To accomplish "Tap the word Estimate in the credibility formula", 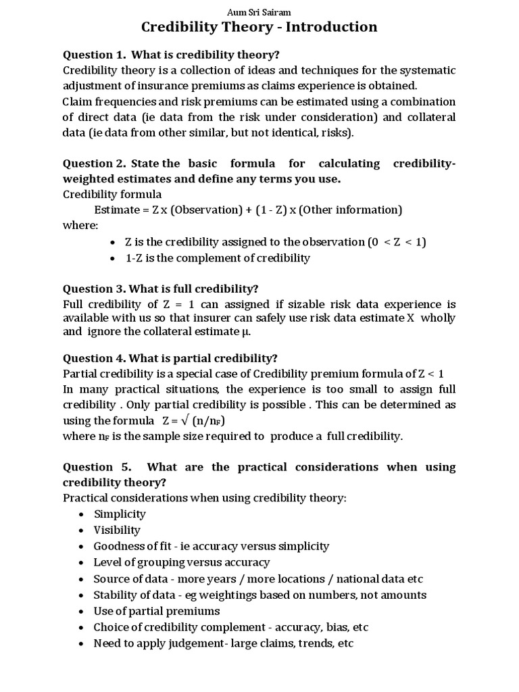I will point(116,209).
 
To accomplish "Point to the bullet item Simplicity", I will point(120,514).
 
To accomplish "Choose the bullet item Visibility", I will point(117,530).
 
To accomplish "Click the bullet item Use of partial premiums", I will point(157,611).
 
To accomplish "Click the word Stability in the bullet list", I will point(116,595).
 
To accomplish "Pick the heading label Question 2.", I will point(94,164).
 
